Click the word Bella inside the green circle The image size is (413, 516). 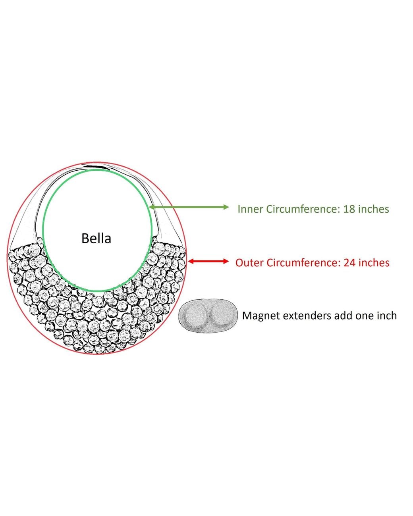click(96, 239)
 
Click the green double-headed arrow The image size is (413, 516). click(189, 207)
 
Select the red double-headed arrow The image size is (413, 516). click(208, 261)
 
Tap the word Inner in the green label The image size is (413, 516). click(250, 209)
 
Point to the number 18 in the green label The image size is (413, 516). click(349, 209)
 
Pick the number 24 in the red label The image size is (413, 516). click(349, 263)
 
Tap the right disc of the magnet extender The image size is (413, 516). click(222, 314)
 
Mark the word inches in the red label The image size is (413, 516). click(374, 263)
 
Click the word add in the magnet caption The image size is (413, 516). click(344, 316)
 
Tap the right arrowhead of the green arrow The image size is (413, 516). click(226, 207)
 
